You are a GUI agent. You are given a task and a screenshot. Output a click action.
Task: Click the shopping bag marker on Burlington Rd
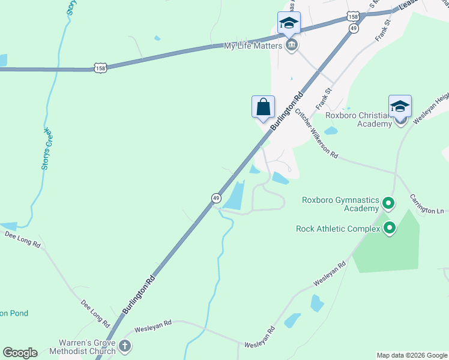[x=263, y=107]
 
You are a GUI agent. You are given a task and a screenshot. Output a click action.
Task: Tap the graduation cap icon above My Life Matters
[x=289, y=23]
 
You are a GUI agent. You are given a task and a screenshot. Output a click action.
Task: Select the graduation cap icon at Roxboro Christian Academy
[x=400, y=107]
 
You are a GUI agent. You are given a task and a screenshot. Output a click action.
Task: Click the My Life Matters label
[x=253, y=46]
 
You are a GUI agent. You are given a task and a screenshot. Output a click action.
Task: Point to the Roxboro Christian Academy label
[x=358, y=119]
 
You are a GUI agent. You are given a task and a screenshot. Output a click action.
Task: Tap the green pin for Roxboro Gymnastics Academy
[x=388, y=204]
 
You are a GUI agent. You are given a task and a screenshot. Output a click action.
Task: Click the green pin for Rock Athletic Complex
[x=390, y=228]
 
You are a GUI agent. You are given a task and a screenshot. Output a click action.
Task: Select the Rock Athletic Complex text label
[x=338, y=229]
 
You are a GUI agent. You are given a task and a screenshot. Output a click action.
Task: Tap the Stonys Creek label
[x=46, y=149]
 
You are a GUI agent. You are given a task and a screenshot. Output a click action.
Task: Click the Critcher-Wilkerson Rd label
[x=316, y=136]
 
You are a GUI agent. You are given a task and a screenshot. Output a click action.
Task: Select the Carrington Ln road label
[x=427, y=203]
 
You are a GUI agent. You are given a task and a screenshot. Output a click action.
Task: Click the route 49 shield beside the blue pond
[x=215, y=197]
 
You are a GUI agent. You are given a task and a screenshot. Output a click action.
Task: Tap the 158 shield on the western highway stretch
[x=100, y=68]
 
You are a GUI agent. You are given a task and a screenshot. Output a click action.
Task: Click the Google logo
[x=20, y=353]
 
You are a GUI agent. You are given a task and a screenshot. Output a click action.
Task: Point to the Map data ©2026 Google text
[x=411, y=355]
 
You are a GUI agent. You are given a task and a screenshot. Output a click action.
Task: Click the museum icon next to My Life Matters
[x=292, y=46]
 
